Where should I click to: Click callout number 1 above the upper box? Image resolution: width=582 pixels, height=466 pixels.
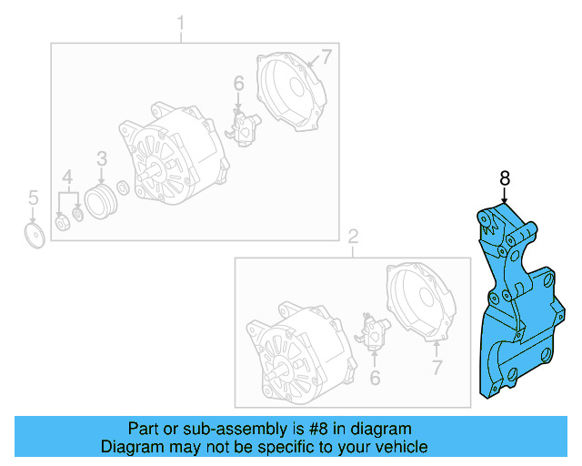pos(180,21)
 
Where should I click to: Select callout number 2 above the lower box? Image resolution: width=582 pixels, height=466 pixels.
pos(353,237)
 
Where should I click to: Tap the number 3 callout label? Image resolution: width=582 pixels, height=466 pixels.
pos(102,157)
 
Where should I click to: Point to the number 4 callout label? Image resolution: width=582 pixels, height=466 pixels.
pos(67,176)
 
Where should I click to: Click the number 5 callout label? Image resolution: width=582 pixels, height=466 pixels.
pos(33,197)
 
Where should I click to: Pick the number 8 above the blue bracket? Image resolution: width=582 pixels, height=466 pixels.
pos(504,177)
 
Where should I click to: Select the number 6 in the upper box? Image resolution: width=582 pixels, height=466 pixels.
pos(238,85)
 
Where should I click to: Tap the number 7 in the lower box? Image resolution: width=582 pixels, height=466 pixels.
pos(436,368)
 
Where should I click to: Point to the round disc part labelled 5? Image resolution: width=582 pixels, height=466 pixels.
pos(34,236)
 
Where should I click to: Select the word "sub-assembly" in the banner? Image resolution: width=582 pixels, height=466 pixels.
pos(213,429)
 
